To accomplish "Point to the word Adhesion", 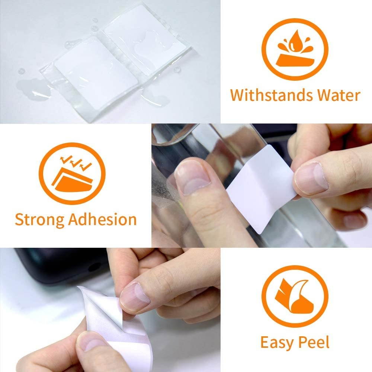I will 102,219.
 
